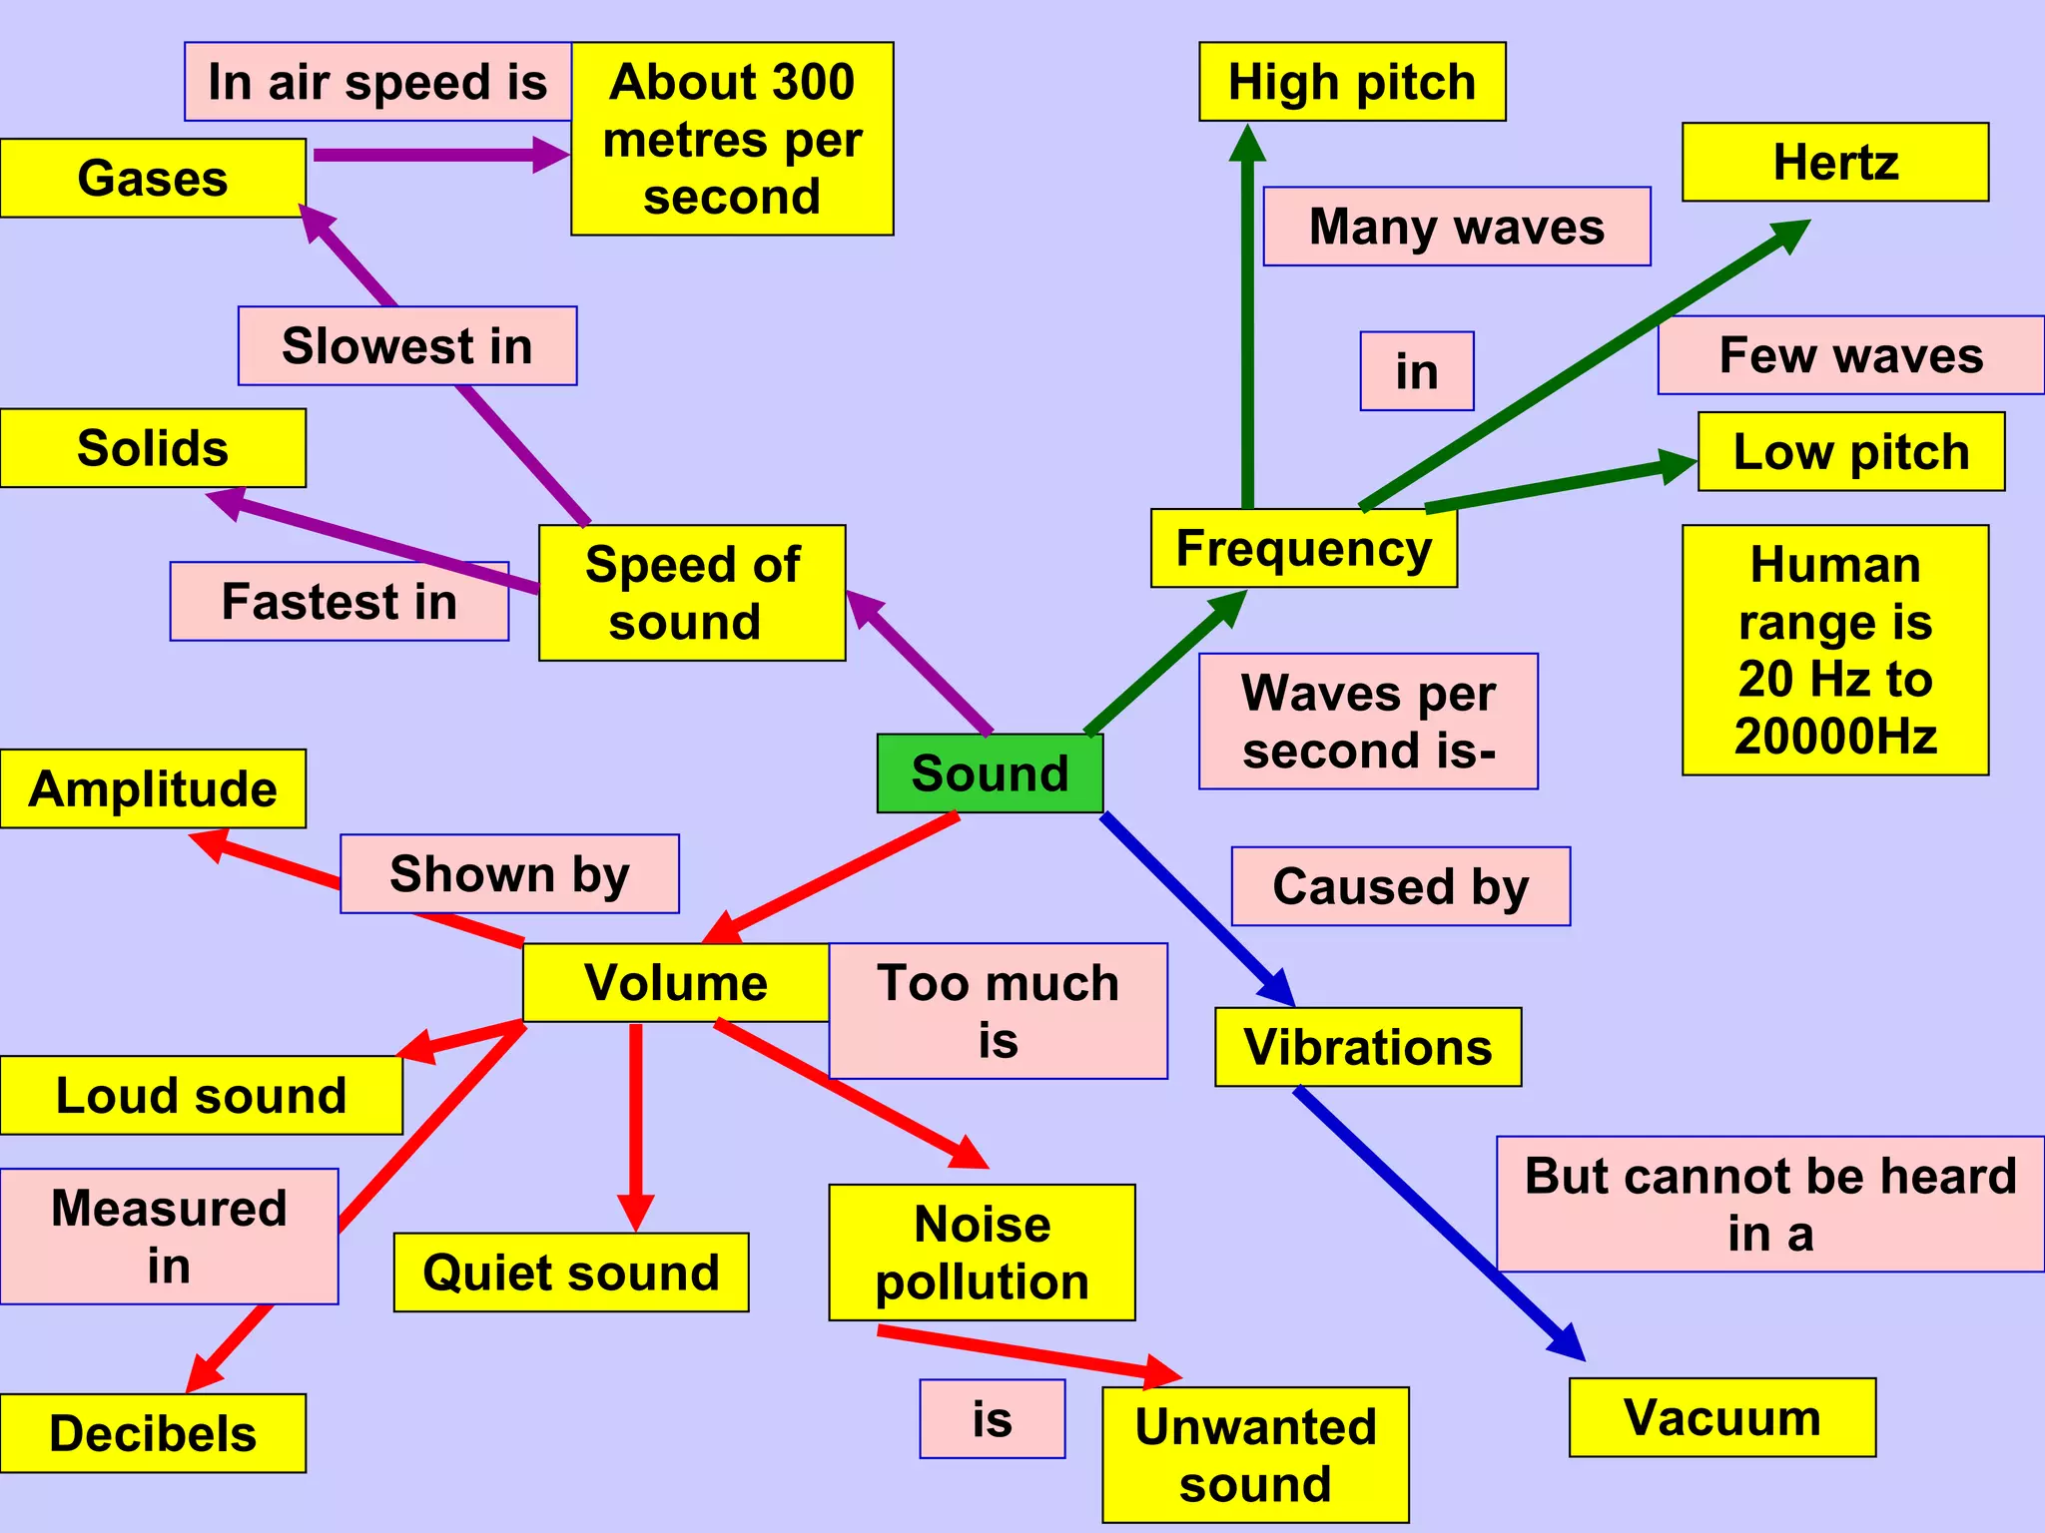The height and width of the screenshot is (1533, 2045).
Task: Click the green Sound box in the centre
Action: (990, 773)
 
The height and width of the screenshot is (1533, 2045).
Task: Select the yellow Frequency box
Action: (1303, 548)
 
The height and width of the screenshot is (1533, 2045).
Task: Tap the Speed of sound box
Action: (692, 593)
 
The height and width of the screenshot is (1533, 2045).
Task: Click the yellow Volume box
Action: (676, 982)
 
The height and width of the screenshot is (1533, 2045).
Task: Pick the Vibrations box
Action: (1367, 1047)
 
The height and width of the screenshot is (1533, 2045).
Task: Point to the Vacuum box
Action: (1721, 1417)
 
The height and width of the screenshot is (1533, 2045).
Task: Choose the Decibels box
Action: (153, 1433)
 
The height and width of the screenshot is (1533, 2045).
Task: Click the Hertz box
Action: (1834, 162)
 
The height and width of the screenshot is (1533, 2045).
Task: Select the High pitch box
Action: (1351, 82)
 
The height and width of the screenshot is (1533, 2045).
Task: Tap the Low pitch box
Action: (1850, 451)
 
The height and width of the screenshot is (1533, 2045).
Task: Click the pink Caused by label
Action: (1400, 886)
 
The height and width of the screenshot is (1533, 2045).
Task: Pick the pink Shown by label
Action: (509, 874)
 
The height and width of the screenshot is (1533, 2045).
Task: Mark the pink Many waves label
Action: (1456, 227)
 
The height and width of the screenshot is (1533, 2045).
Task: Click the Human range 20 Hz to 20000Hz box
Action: (1834, 650)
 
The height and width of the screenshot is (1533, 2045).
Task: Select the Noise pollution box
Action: (982, 1253)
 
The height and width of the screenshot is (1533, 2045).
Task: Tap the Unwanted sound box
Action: (1255, 1454)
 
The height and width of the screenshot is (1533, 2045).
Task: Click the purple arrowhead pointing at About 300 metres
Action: (551, 155)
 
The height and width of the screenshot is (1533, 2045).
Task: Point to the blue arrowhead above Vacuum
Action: (1568, 1342)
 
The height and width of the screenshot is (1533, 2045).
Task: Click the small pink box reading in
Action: (1416, 371)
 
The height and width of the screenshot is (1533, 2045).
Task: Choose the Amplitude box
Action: (153, 788)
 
